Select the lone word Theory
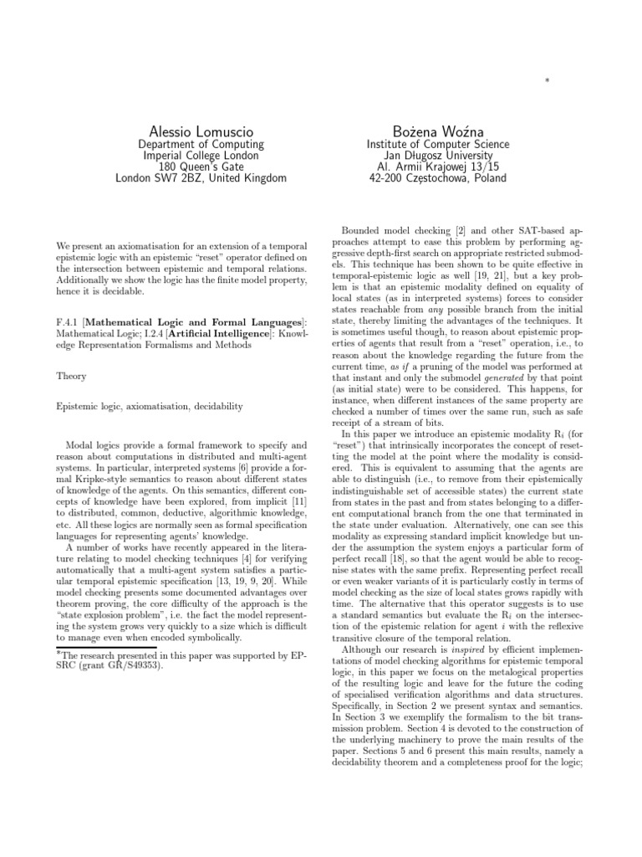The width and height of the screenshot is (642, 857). tap(72, 377)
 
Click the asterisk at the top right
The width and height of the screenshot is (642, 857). tap(547, 81)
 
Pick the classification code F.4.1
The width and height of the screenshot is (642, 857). tap(69, 322)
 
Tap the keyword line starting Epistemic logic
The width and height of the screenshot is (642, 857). tap(150, 406)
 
